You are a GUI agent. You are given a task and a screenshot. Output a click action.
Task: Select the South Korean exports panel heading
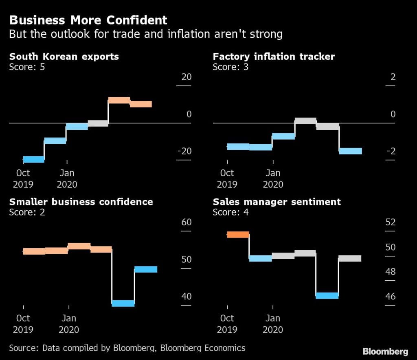coord(64,57)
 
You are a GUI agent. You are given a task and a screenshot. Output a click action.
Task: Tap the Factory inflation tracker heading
coord(274,57)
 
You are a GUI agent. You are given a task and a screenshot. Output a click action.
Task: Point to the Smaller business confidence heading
coord(81,202)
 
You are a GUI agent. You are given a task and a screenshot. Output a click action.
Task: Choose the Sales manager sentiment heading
coord(277,202)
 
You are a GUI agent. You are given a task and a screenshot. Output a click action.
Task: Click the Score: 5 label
coord(27,66)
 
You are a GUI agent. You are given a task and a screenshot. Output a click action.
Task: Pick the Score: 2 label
coord(27,212)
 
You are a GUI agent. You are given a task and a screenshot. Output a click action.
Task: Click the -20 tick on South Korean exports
coord(184,151)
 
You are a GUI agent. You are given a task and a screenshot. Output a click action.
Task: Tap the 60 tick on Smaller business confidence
coord(186,223)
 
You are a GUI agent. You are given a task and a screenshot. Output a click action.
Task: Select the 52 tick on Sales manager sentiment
coord(390,223)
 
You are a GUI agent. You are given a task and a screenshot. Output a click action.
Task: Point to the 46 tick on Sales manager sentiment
coord(390,296)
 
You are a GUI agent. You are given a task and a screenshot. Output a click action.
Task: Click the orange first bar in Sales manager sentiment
coord(238,234)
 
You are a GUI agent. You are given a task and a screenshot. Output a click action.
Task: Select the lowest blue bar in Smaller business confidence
coord(123,303)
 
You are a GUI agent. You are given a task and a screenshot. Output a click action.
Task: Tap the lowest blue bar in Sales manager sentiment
coord(327,296)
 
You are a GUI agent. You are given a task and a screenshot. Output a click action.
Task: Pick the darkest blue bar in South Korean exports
coord(33,159)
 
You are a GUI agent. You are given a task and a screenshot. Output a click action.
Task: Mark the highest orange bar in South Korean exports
coord(119,100)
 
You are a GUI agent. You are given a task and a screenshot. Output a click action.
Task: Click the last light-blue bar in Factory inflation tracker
coord(350,151)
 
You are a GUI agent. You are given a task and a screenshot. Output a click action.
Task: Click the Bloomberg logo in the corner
coord(385,351)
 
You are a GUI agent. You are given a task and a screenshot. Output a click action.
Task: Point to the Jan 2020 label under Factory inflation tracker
coord(273,179)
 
